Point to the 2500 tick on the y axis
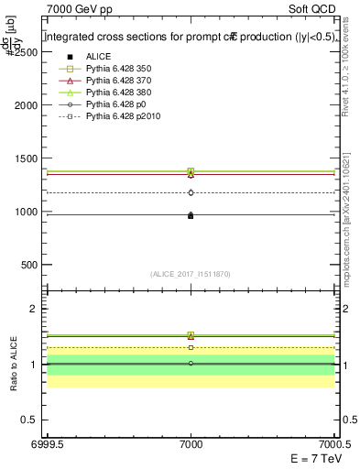pyautogui.click(x=24, y=52)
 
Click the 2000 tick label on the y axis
pyautogui.click(x=24, y=105)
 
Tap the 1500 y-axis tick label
pyautogui.click(x=24, y=158)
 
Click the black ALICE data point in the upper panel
pyautogui.click(x=191, y=216)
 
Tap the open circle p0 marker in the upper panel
pyautogui.click(x=191, y=192)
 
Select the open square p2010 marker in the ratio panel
pyautogui.click(x=191, y=347)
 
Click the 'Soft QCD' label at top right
pyautogui.click(x=314, y=8)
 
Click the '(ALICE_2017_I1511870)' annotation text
pyautogui.click(x=191, y=274)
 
